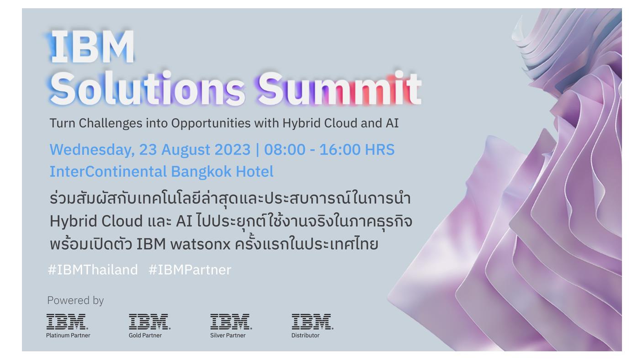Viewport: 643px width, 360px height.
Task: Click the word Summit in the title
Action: pos(339,88)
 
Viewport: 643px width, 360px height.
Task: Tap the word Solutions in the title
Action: pos(147,88)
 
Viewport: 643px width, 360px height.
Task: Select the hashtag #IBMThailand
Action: pos(93,270)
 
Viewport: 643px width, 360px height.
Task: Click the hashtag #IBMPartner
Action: pos(190,270)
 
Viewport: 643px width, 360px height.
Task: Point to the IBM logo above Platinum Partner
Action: pos(67,322)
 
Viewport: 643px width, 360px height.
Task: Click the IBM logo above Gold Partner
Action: pos(149,322)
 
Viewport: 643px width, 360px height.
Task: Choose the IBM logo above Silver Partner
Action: pos(231,322)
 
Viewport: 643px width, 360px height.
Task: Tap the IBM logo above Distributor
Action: pos(312,322)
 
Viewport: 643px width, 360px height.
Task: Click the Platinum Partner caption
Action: pos(68,335)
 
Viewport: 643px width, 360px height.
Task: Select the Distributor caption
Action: pos(305,335)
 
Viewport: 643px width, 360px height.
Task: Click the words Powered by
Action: pos(75,300)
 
